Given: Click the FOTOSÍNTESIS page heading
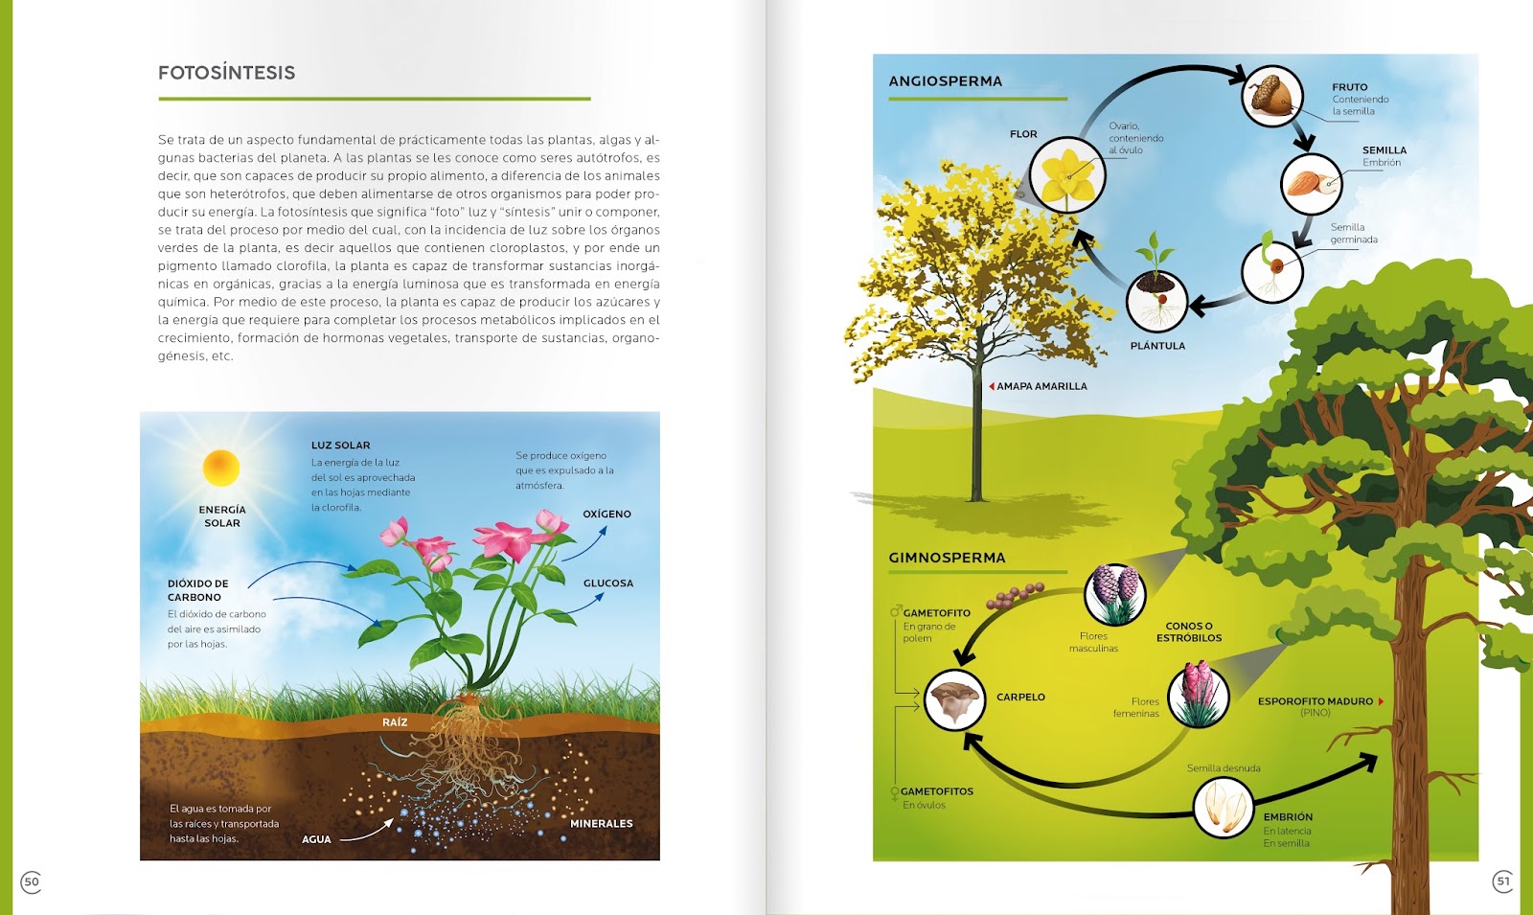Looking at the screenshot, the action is [x=226, y=73].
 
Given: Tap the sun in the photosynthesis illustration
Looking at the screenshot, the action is [x=221, y=469].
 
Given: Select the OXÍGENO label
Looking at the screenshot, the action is [x=606, y=515].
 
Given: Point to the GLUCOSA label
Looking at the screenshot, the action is [x=607, y=583].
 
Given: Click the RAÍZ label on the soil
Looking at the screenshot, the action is [x=395, y=722].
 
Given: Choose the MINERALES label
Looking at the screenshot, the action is [x=601, y=824].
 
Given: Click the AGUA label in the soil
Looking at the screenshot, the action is [x=316, y=839].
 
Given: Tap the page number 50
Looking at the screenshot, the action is [x=31, y=881].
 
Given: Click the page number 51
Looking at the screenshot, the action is [x=1502, y=881].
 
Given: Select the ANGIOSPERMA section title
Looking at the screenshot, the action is [x=945, y=81].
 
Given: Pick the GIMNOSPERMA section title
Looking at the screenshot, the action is [x=947, y=558].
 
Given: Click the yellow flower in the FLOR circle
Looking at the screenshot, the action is [x=1067, y=176].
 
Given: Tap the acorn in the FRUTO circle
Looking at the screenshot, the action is [x=1272, y=96].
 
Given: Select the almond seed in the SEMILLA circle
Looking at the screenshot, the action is [x=1311, y=183].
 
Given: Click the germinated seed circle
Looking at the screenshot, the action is [x=1271, y=272].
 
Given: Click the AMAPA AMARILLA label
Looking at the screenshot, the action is [x=1041, y=387].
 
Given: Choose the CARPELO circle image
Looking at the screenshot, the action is [x=954, y=699].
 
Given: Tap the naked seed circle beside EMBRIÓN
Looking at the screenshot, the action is [x=1224, y=807].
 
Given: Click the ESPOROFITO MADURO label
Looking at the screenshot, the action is [x=1316, y=701].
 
